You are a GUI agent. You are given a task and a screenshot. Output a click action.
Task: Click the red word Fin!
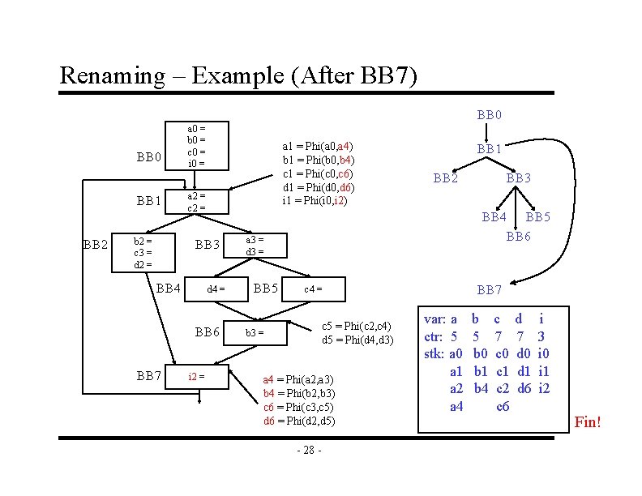(588, 422)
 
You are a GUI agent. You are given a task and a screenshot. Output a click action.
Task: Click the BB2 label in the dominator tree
(446, 177)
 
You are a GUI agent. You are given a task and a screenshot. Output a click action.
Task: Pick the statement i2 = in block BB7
(195, 375)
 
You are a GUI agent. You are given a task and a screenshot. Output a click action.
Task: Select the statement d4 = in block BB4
(216, 289)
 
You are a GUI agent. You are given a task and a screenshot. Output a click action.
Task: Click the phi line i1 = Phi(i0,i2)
(316, 200)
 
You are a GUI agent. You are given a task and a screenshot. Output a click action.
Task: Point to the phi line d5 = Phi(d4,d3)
(357, 340)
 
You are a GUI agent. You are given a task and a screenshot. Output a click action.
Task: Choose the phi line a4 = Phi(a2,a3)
(298, 379)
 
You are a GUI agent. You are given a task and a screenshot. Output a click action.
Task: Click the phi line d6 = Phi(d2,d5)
(298, 421)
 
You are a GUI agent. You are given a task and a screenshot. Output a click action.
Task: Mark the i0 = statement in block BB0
(196, 164)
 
